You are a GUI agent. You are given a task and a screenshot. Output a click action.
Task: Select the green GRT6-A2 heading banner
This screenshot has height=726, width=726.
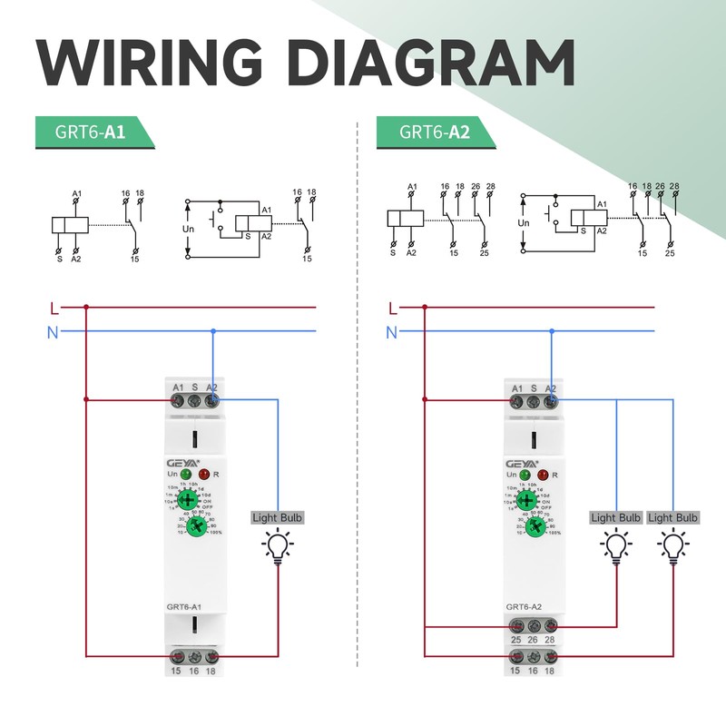click(x=434, y=132)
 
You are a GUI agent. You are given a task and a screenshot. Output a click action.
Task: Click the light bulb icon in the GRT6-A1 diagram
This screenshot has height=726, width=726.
click(x=277, y=547)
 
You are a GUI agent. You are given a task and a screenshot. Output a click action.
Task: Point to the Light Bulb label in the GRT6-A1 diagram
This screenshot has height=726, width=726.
click(x=277, y=518)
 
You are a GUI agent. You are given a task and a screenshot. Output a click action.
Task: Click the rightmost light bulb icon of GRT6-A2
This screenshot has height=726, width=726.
click(x=672, y=547)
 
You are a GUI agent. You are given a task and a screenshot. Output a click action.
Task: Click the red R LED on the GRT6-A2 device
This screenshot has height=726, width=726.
click(x=543, y=474)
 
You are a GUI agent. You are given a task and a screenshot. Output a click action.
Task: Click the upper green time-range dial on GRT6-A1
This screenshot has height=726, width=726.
click(x=187, y=500)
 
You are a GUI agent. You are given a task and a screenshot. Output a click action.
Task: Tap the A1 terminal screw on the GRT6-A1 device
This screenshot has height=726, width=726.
click(x=177, y=399)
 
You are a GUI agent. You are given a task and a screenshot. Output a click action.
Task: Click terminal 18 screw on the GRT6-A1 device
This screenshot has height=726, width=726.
click(x=212, y=656)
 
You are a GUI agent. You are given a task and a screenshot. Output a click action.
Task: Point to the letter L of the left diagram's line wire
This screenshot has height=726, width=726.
click(x=54, y=308)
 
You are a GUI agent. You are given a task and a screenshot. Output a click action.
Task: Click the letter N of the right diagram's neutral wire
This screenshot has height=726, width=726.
click(x=391, y=332)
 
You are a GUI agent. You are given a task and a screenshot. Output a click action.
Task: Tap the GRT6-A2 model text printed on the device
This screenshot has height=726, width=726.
click(x=525, y=606)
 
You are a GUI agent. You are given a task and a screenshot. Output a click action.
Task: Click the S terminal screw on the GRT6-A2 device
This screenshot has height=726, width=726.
click(x=533, y=399)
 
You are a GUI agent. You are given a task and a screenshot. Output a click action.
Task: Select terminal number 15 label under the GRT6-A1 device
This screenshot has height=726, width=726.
click(x=177, y=671)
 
